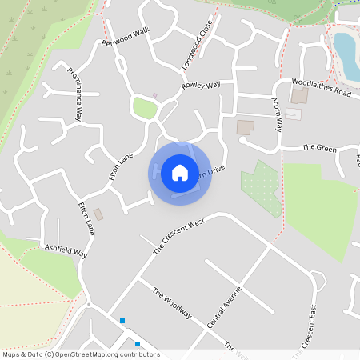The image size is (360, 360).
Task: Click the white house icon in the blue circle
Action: point(179,172)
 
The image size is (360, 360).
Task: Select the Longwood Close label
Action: point(197,50)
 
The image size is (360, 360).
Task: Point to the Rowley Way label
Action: point(201,85)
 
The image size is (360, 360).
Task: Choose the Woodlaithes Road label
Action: point(322,87)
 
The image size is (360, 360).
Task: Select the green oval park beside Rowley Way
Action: point(144,107)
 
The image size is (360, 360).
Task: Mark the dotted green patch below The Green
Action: point(262,187)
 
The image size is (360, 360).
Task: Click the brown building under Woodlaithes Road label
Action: point(299,96)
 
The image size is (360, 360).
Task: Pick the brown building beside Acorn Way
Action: point(245,127)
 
